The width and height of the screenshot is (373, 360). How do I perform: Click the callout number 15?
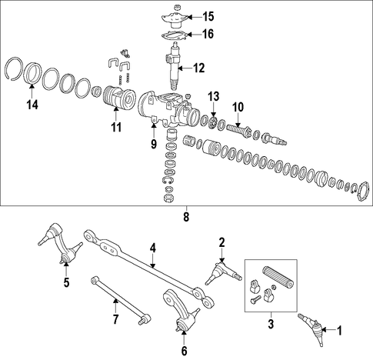point(208,16)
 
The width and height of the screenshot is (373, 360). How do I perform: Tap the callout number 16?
point(208,34)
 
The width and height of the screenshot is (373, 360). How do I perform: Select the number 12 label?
point(198,68)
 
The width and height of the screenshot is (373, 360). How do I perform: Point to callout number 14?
point(32,105)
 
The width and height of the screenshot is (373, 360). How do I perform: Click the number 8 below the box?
point(186,217)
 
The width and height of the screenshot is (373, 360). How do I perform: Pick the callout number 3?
point(271,324)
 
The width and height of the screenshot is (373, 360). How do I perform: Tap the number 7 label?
point(115,319)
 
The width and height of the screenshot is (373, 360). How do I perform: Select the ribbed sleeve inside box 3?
point(278,277)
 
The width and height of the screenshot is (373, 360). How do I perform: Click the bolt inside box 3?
point(255,299)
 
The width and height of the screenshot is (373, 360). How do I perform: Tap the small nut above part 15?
point(176,6)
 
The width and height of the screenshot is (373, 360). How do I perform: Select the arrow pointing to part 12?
point(185,68)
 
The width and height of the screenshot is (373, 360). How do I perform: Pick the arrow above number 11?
point(116,115)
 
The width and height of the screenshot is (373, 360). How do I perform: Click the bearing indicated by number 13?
point(213,122)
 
